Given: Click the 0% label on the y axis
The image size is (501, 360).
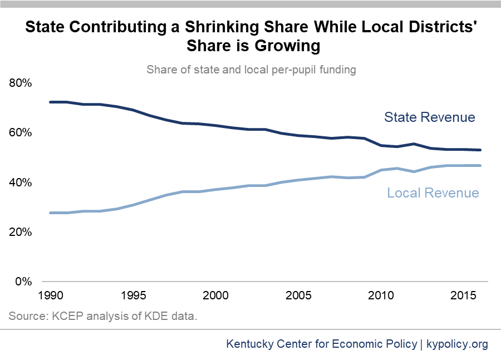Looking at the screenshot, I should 24,282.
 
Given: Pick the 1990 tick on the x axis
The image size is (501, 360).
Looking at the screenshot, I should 50,294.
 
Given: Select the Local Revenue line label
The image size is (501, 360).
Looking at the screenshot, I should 433,193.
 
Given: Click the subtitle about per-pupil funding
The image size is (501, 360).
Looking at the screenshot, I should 251,70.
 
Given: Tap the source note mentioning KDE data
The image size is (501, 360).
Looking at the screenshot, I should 104,317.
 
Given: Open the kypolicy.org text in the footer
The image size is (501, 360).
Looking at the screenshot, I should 457,344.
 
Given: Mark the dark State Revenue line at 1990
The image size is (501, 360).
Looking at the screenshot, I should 51,102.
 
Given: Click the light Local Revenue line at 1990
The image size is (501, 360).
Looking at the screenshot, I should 51,213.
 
